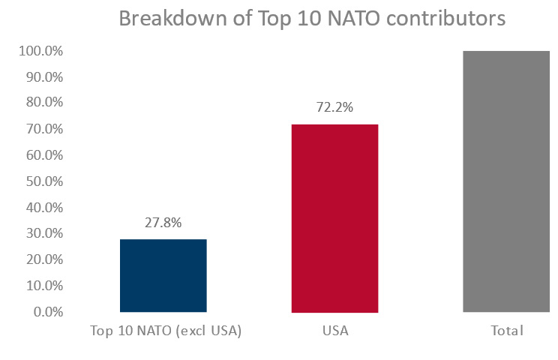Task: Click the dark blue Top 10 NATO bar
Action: pyautogui.click(x=163, y=275)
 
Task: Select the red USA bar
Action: pyautogui.click(x=334, y=217)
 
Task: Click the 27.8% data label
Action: pyautogui.click(x=163, y=223)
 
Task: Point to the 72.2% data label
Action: pyautogui.click(x=334, y=107)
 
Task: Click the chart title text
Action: pyautogui.click(x=312, y=19)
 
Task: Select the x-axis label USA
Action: pyautogui.click(x=334, y=331)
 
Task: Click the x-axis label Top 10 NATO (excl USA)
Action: pyautogui.click(x=166, y=331)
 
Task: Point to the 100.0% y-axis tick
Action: pyautogui.click(x=40, y=52)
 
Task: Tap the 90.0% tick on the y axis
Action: pyautogui.click(x=43, y=77)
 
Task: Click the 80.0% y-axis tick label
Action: pyautogui.click(x=43, y=103)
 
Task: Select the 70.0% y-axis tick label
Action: pyautogui.click(x=43, y=130)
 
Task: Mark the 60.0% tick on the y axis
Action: pyautogui.click(x=43, y=155)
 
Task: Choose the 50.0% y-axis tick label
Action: pyautogui.click(x=43, y=181)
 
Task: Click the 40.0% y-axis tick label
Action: pyautogui.click(x=43, y=208)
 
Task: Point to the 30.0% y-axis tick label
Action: pyautogui.click(x=43, y=233)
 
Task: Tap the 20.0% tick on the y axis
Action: pyautogui.click(x=43, y=259)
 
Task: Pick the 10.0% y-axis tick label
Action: pyautogui.click(x=43, y=286)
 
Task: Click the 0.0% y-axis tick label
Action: pyautogui.click(x=46, y=311)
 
